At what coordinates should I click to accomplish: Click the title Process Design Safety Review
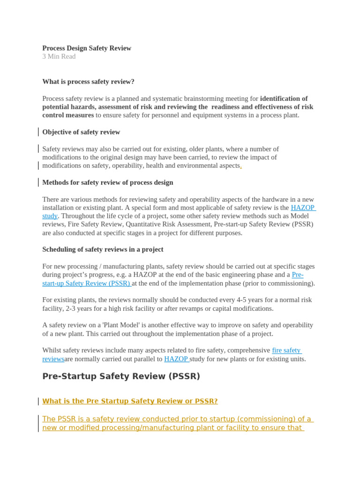click(87, 48)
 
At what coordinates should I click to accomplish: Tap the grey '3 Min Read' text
click(59, 57)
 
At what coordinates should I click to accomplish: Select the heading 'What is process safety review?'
click(88, 82)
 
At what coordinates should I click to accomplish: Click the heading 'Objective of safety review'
click(81, 132)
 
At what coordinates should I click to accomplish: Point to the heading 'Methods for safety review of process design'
click(107, 182)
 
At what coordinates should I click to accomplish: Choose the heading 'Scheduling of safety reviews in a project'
click(103, 249)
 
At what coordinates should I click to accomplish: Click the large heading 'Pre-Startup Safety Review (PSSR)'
click(121, 376)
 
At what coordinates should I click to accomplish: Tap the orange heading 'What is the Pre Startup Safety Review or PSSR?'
click(130, 401)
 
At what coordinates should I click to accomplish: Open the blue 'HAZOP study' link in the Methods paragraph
click(302, 208)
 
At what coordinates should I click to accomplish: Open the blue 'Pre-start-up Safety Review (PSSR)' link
click(86, 283)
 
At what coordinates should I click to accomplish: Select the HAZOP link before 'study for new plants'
click(176, 359)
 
